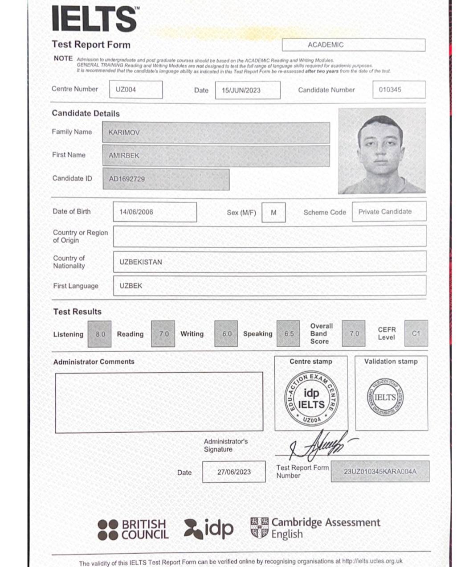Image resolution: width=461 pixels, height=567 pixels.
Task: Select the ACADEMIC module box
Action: click(x=353, y=45)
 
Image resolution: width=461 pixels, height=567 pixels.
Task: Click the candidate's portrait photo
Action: click(x=382, y=151)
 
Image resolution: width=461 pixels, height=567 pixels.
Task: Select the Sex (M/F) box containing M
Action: click(x=273, y=213)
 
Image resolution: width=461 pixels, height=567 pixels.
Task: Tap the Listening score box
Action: click(x=100, y=334)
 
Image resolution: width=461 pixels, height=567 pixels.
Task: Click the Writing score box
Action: click(x=226, y=334)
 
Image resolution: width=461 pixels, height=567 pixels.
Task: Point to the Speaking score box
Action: click(x=289, y=334)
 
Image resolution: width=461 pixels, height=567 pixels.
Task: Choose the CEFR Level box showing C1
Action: click(x=416, y=333)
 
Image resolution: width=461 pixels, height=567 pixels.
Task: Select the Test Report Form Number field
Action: click(x=380, y=472)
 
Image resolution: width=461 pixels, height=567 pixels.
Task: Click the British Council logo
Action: click(x=133, y=530)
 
